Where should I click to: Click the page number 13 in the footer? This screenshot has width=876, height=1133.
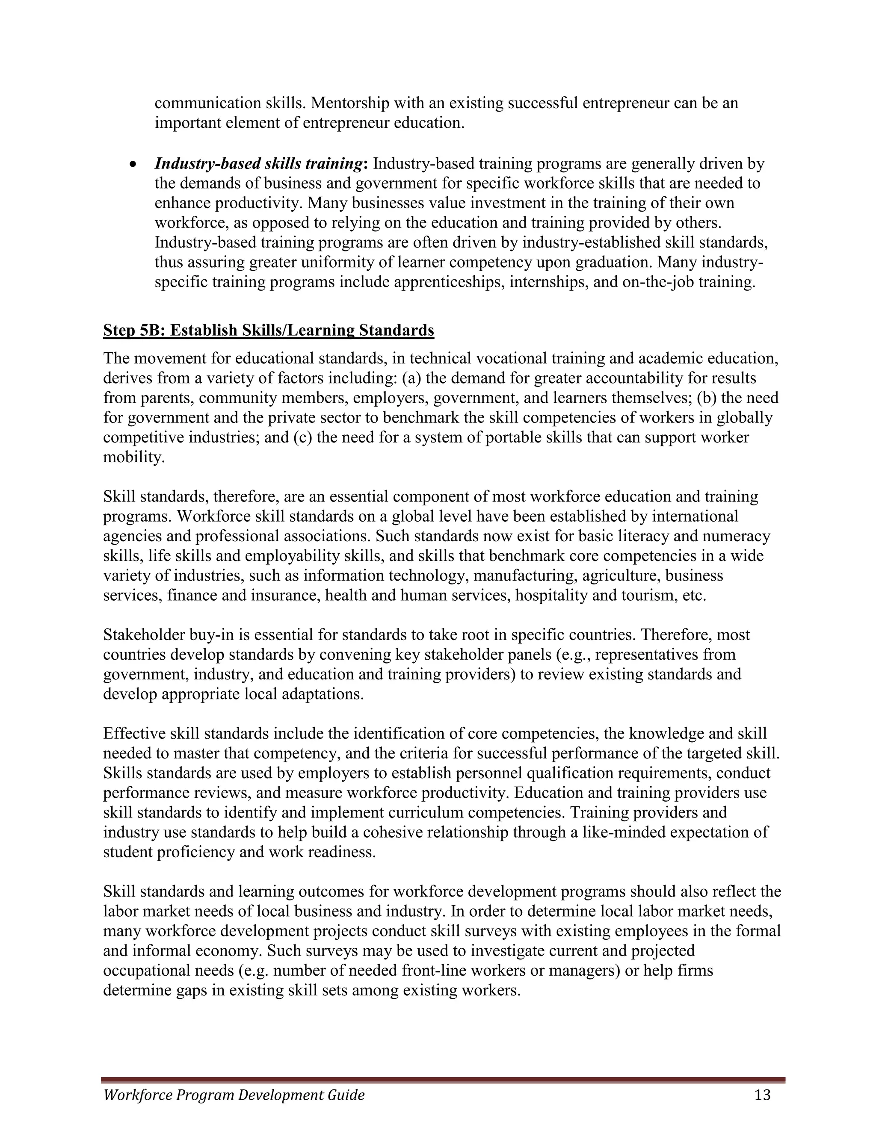coord(762,1095)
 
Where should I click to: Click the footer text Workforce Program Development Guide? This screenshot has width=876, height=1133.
coord(234,1095)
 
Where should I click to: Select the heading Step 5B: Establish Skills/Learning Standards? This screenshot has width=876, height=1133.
coord(268,330)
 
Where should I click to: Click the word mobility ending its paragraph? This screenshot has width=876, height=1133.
coord(133,457)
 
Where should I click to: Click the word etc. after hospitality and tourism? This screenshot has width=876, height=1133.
coord(694,596)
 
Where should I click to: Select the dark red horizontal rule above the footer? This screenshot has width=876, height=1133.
coord(443,1080)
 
